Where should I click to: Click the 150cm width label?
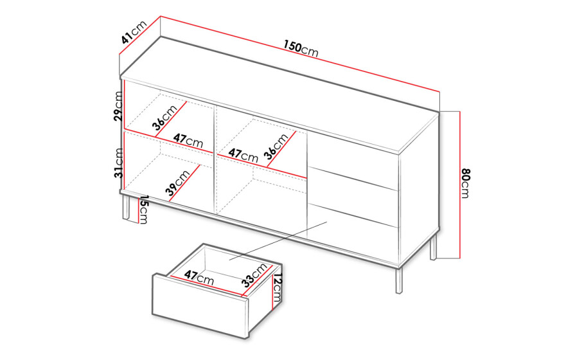(x=301, y=48)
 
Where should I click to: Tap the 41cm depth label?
(x=134, y=32)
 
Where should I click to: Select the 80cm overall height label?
(x=466, y=183)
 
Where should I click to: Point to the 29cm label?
(x=118, y=106)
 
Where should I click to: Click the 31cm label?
(x=118, y=163)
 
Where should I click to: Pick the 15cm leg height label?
(x=144, y=210)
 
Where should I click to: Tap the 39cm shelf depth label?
(x=178, y=183)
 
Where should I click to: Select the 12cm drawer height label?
(x=278, y=288)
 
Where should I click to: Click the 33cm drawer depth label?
(x=254, y=275)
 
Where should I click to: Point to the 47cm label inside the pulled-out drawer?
(x=199, y=278)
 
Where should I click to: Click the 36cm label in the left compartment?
(x=164, y=118)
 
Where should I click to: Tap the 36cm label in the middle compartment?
(x=276, y=146)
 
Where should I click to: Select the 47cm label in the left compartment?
(x=188, y=141)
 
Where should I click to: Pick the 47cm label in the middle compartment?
(x=243, y=155)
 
